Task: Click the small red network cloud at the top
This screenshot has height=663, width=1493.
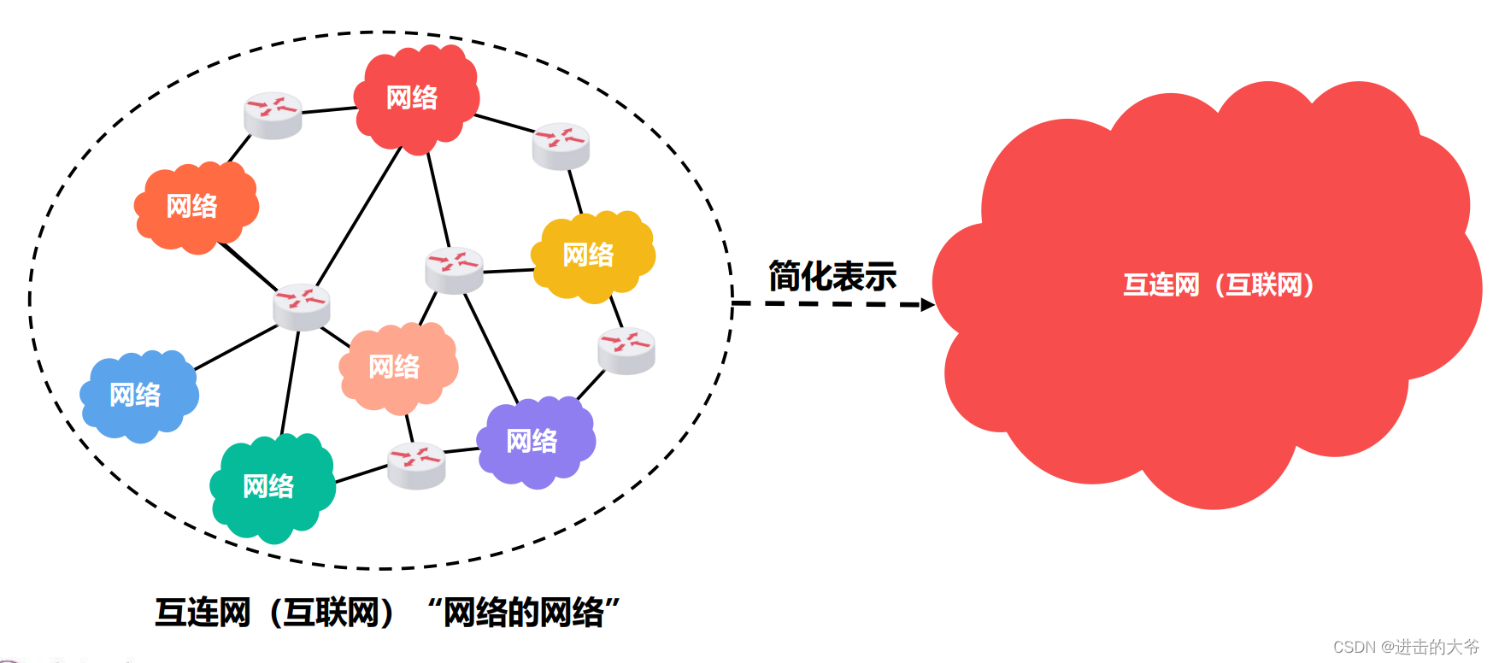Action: pos(415,97)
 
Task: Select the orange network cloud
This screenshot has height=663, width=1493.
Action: pos(196,207)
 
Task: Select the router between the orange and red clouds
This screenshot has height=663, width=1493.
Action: pos(273,114)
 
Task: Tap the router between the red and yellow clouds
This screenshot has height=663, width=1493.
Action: pos(561,144)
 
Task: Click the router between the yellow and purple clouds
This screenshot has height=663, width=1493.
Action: pos(626,349)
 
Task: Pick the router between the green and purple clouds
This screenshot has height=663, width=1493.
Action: pos(416,465)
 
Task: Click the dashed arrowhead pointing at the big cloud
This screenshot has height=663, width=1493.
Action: pos(927,304)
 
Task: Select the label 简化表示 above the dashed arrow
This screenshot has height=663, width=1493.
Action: pos(832,276)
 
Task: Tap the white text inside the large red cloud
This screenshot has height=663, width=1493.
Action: pos(1218,285)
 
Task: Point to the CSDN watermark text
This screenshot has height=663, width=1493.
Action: pos(1405,647)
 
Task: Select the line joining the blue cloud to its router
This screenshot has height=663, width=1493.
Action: pos(235,348)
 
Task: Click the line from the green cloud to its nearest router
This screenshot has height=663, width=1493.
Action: pos(361,474)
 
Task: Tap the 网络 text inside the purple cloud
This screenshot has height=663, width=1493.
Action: pos(532,441)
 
